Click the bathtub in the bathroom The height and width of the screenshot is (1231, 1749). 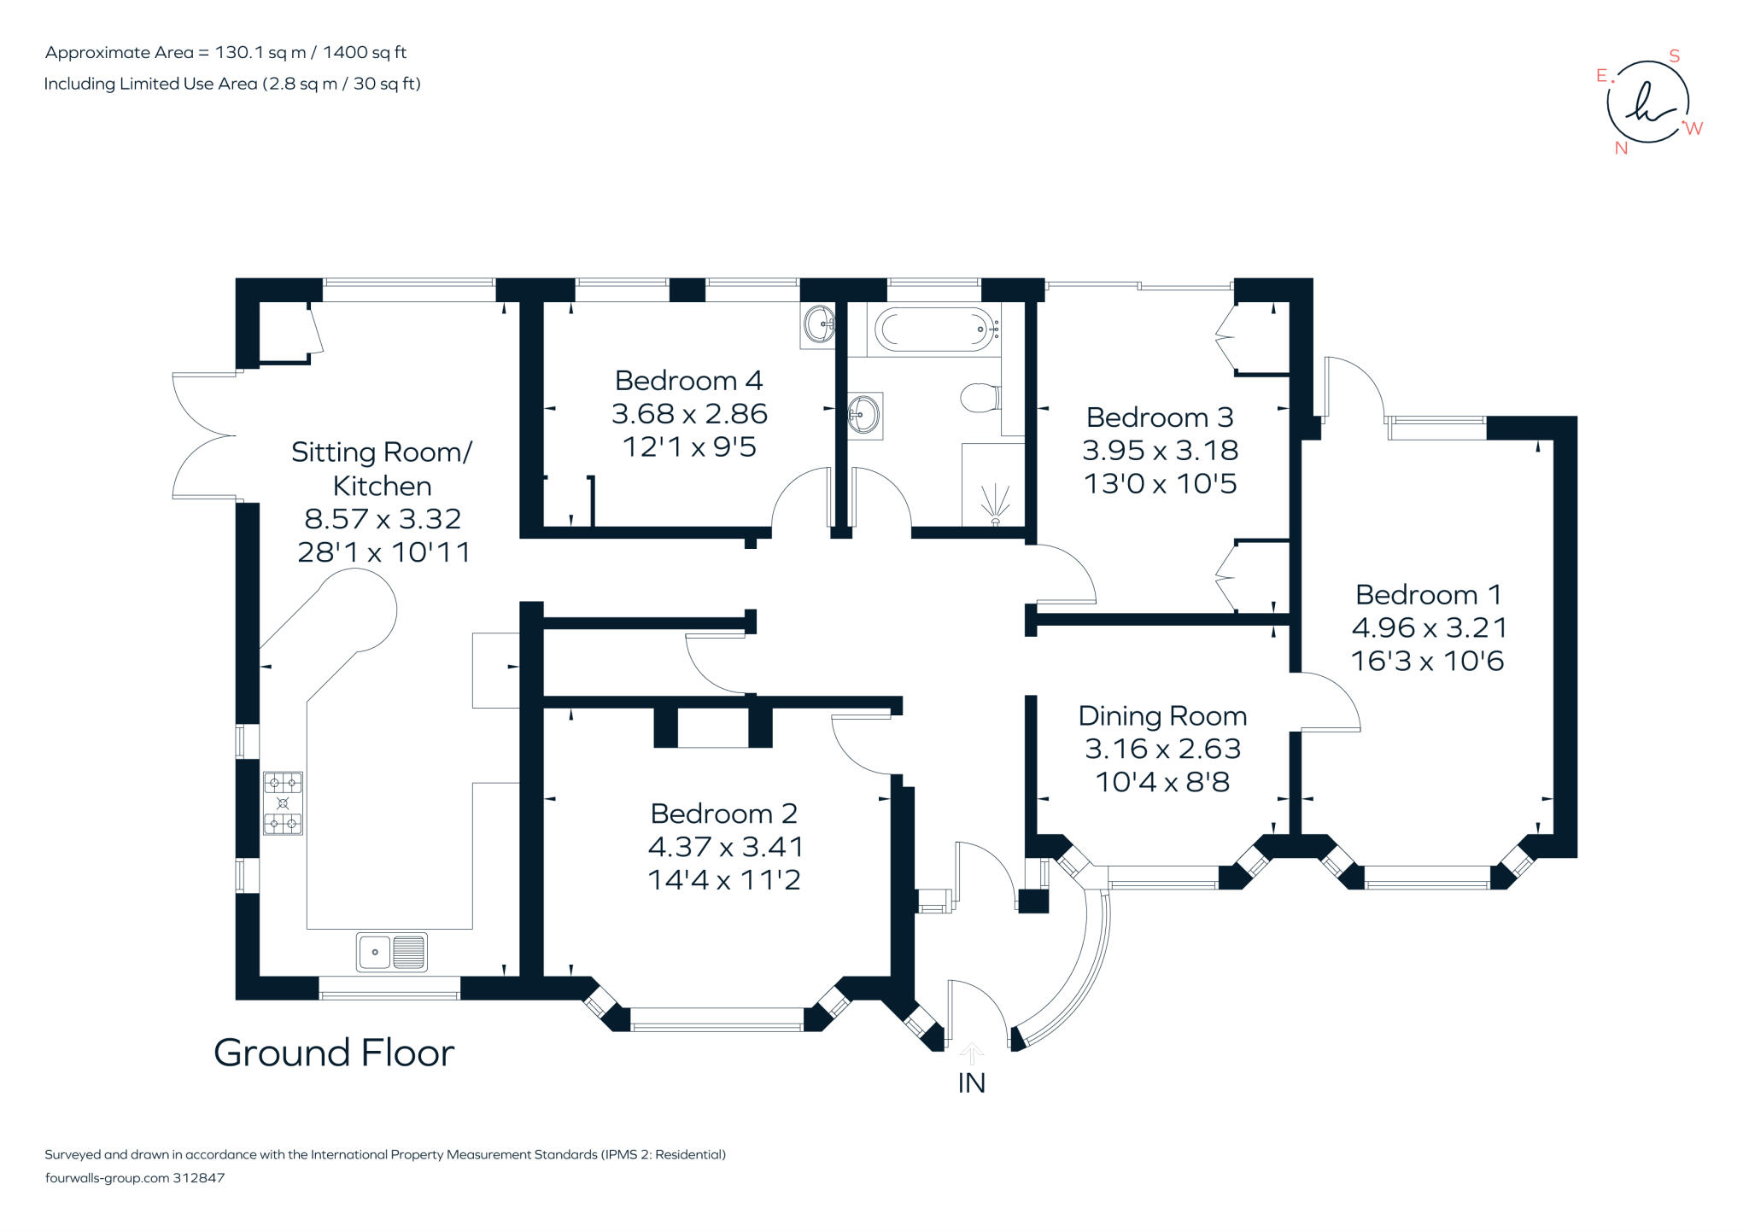point(934,329)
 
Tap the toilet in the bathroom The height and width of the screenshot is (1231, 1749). point(980,397)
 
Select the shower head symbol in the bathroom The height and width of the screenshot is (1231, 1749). point(995,504)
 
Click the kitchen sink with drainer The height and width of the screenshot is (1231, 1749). point(392,952)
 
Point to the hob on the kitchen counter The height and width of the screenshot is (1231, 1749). point(283,802)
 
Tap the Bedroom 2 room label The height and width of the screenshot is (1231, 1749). point(723,813)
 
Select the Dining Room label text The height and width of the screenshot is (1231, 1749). point(1162,715)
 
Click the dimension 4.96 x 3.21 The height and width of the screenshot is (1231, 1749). point(1429,627)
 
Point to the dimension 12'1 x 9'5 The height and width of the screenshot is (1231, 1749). point(689,446)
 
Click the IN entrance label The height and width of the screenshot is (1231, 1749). point(972,1082)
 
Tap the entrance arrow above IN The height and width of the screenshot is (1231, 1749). point(972,1051)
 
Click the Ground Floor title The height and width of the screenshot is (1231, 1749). point(334,1053)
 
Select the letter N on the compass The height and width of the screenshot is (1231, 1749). point(1621,149)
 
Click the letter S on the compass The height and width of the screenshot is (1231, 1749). point(1674,56)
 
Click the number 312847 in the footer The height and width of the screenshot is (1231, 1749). point(199,1178)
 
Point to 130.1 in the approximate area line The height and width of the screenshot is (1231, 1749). point(239,53)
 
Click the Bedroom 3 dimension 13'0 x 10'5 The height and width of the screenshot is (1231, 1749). point(1160,484)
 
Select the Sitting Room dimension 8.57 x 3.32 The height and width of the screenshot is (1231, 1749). point(383,518)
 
